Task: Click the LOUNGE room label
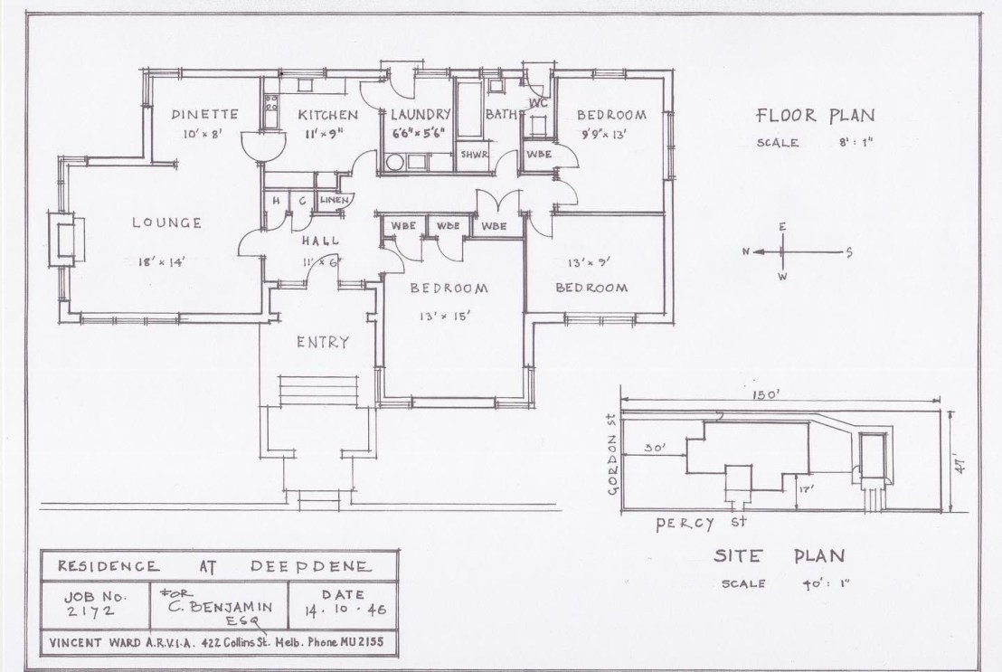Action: click(x=166, y=223)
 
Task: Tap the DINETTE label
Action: click(x=204, y=115)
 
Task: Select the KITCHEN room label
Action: click(x=328, y=115)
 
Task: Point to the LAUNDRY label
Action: click(x=421, y=115)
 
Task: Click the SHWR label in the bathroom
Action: click(x=474, y=155)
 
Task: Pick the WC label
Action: click(x=538, y=103)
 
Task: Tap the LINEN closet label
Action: click(x=335, y=200)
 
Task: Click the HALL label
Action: click(x=321, y=241)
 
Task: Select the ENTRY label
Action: click(x=323, y=342)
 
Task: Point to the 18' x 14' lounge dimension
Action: click(x=162, y=261)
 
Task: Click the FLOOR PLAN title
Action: click(x=815, y=116)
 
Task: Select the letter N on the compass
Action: click(x=745, y=252)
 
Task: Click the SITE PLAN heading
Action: click(x=779, y=555)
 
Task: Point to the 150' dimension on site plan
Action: click(x=766, y=394)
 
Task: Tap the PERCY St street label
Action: click(x=701, y=523)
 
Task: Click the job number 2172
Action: click(x=91, y=611)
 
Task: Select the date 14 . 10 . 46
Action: click(x=345, y=609)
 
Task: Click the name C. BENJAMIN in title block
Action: click(x=221, y=607)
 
